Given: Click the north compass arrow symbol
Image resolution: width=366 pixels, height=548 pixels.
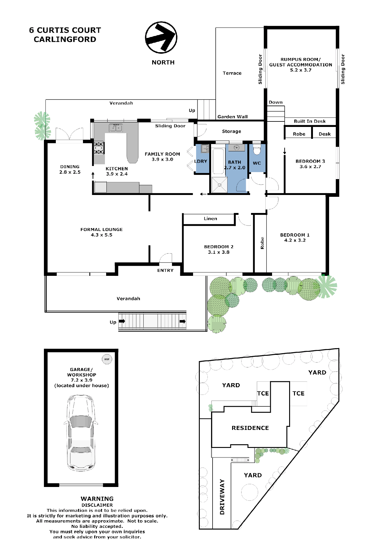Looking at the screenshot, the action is tap(161, 37).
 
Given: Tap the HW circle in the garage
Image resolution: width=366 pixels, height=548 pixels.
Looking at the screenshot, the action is tap(107, 359).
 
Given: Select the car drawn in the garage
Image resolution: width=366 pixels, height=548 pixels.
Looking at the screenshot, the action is tap(81, 433).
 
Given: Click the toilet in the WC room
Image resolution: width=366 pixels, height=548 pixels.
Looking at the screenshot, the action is tap(257, 150).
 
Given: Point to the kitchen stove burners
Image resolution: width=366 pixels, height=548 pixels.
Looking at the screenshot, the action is tap(99, 148).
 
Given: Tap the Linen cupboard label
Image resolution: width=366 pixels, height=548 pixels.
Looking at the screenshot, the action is tap(210, 218).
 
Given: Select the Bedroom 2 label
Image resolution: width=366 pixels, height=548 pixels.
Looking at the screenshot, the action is tap(219, 249).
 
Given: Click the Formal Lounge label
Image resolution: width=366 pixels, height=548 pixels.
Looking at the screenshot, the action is tap(102, 232).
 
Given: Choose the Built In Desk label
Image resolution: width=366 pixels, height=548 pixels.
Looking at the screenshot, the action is tap(310, 121).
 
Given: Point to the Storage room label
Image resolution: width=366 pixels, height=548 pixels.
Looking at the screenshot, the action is tap(231, 131).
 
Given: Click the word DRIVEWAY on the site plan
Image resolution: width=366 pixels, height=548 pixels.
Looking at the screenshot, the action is tap(222, 497).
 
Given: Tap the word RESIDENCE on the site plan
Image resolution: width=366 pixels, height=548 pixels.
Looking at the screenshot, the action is tap(250, 428).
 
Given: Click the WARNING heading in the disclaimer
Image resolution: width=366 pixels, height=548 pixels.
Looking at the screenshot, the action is tap(97, 499).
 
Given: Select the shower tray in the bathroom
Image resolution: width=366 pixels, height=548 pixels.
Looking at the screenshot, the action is tap(219, 185).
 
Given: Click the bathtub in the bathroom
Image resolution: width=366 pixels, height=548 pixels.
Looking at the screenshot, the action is tap(218, 161).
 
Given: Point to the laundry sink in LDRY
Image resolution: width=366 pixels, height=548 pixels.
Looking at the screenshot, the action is tap(205, 149).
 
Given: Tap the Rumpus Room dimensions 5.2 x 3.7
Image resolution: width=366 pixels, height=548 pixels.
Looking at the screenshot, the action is tap(301, 70).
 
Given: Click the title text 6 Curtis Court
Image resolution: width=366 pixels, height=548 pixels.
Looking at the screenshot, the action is tap(65, 30).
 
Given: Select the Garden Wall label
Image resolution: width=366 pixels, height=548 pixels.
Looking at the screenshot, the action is tap(232, 117).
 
